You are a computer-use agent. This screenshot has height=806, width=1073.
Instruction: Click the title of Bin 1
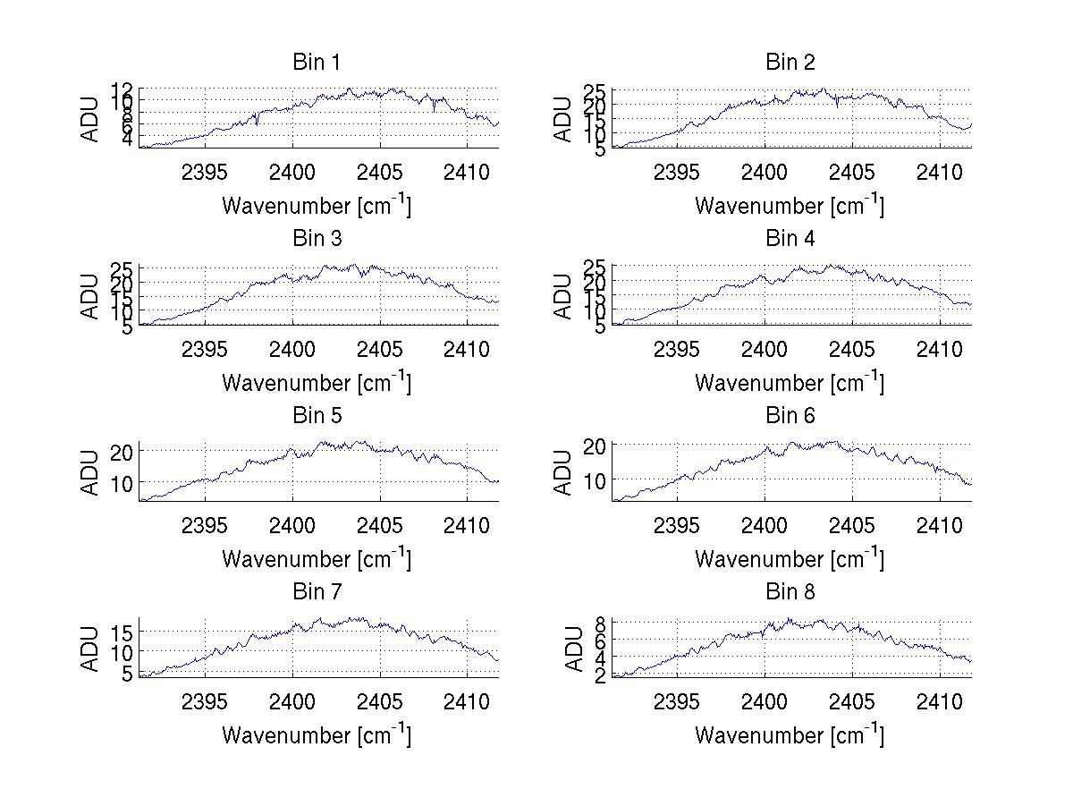[316, 62]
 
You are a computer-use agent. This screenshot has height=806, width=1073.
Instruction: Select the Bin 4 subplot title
[790, 238]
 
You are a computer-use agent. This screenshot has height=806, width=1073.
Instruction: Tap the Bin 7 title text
[316, 591]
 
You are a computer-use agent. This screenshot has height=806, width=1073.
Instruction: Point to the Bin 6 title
[790, 415]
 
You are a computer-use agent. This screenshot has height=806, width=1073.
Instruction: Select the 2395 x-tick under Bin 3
[204, 348]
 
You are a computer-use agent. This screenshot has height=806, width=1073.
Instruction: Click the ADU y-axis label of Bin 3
[92, 295]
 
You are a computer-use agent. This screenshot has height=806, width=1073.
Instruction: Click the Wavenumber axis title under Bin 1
[316, 205]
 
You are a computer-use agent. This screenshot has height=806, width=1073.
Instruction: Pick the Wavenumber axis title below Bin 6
[789, 558]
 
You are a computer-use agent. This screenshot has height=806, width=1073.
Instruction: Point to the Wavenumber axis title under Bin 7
[316, 734]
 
